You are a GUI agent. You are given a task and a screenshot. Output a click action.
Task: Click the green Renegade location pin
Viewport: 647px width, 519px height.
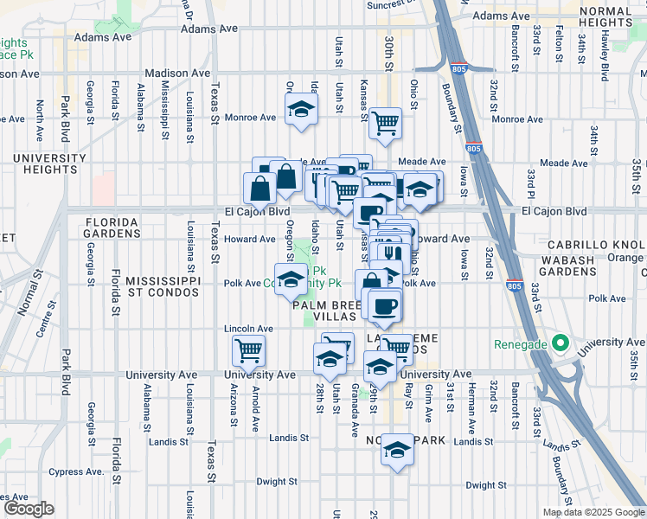pyautogui.click(x=560, y=343)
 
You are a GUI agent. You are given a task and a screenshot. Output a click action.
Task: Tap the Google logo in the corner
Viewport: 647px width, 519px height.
pyautogui.click(x=29, y=509)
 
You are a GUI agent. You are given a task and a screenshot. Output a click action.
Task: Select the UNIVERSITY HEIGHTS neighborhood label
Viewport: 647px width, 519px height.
pyautogui.click(x=49, y=164)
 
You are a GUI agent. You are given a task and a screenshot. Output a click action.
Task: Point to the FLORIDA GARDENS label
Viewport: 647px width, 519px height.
pyautogui.click(x=112, y=227)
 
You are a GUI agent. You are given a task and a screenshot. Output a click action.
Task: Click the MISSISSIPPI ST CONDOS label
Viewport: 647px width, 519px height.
pyautogui.click(x=163, y=288)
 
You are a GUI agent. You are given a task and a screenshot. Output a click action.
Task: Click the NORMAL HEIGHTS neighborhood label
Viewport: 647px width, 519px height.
pyautogui.click(x=606, y=16)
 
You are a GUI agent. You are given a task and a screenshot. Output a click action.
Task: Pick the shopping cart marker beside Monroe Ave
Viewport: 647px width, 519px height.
pyautogui.click(x=384, y=122)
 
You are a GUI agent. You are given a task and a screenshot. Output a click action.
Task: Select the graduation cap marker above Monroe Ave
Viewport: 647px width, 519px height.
pyautogui.click(x=301, y=109)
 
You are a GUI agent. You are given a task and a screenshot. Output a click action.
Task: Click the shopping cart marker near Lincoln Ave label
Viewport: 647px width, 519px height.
pyautogui.click(x=248, y=350)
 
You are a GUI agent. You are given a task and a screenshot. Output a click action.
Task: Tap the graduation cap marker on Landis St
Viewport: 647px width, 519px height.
pyautogui.click(x=397, y=450)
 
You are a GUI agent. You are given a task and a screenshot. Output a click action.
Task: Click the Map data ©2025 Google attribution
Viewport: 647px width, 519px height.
pyautogui.click(x=593, y=512)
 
